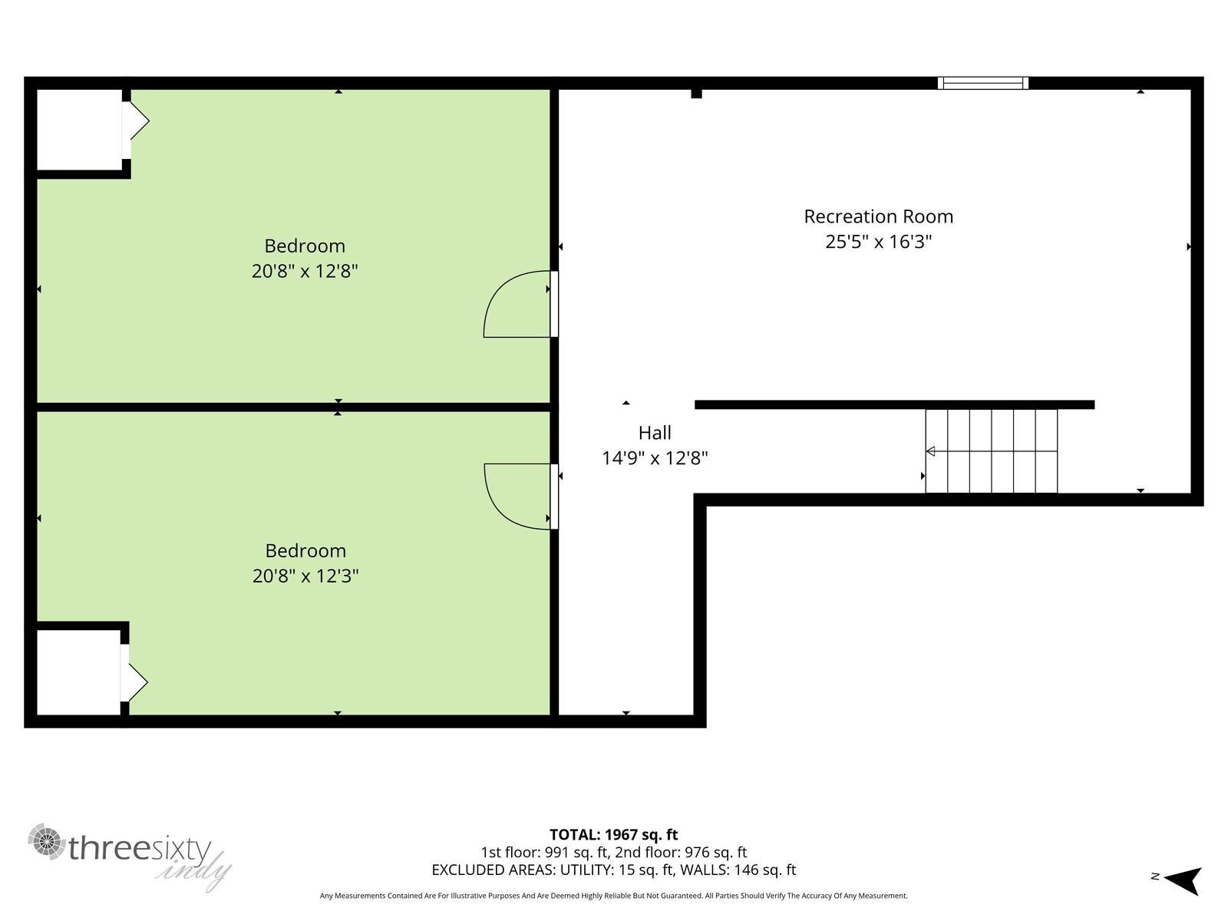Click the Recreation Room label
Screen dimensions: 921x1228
tap(878, 216)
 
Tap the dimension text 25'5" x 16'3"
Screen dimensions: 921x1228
tap(878, 243)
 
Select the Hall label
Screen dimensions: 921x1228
tap(655, 433)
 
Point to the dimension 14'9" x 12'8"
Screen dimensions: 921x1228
tap(655, 458)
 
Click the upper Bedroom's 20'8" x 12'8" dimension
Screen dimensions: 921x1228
tap(305, 271)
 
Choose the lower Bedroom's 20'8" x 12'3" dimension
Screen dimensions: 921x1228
tap(305, 576)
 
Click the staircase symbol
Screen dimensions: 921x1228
tap(991, 451)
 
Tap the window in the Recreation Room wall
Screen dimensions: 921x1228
tap(983, 83)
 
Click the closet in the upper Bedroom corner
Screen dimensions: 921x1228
tap(78, 129)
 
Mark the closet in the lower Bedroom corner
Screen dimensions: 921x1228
tap(78, 672)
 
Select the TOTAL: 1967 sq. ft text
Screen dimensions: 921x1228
tap(613, 834)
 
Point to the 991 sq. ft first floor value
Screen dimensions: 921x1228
tap(573, 852)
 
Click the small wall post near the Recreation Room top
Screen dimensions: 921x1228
tap(696, 93)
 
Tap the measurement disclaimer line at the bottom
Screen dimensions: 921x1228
tap(613, 896)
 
